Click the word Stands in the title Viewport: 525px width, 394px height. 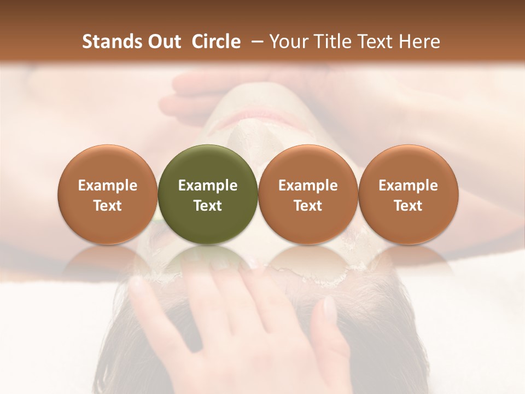coord(112,42)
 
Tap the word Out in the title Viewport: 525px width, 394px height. coord(164,42)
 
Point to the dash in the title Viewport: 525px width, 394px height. coord(255,42)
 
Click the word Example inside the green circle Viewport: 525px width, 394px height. coord(208,186)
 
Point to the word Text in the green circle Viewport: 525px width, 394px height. coord(208,206)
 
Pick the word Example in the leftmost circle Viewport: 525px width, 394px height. coord(108,186)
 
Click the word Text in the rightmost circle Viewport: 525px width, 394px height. coord(408,206)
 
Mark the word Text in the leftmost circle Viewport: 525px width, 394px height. coord(108,206)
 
